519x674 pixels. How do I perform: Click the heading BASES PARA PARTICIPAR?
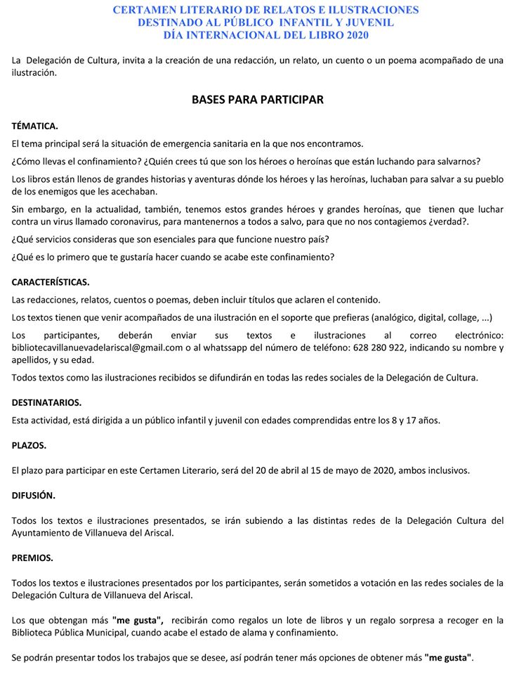[258, 100]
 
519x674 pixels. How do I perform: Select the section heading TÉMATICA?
[35, 126]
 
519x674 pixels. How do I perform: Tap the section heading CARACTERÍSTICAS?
[51, 282]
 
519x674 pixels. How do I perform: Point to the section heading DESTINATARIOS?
[46, 403]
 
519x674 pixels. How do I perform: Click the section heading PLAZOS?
[29, 445]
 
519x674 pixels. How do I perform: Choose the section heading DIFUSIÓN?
[33, 495]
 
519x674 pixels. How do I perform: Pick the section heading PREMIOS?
[32, 558]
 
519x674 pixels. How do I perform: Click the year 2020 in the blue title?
[355, 34]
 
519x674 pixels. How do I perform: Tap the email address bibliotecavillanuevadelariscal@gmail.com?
[97, 348]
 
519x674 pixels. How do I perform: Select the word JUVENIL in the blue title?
[369, 22]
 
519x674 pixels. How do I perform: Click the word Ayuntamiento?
[42, 533]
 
